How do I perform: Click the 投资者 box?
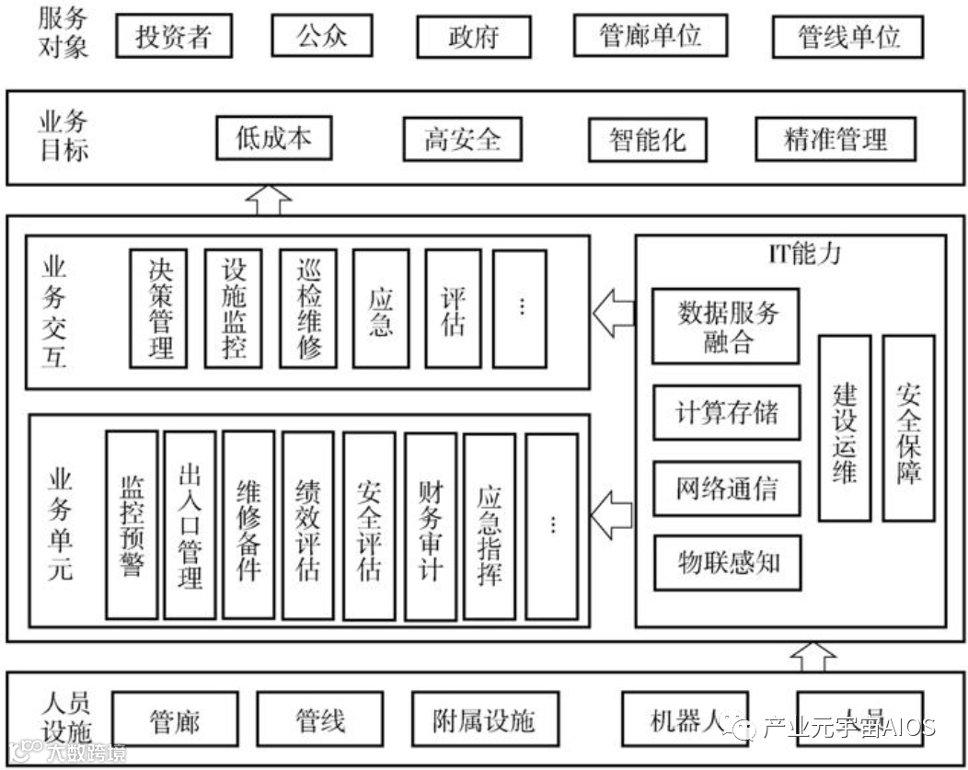173,37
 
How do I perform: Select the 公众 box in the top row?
322,37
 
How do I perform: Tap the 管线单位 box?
847,37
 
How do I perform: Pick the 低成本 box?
272,139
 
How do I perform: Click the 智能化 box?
648,141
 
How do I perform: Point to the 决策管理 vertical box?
158,308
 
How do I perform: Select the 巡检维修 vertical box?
307,308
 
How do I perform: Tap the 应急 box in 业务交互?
381,309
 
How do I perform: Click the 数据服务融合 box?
725,326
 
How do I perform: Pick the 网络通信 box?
725,487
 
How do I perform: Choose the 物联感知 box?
725,562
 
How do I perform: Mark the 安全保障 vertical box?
908,428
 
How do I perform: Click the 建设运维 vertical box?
844,428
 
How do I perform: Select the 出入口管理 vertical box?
190,525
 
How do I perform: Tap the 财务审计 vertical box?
430,525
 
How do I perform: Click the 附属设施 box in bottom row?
484,719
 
